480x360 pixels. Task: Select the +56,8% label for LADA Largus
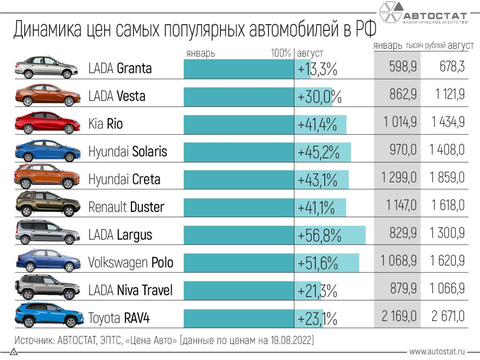coord(319,235)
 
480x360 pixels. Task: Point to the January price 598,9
coord(403,67)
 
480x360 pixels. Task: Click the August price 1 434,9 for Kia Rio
coord(448,122)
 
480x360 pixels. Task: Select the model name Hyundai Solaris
coord(128,152)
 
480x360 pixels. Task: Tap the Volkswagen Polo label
coord(131,263)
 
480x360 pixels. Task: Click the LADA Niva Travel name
coord(130,290)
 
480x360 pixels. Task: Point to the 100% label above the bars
coord(281,53)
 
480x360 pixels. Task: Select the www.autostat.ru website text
coord(437,352)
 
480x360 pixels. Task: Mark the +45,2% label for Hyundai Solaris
coord(318,152)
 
